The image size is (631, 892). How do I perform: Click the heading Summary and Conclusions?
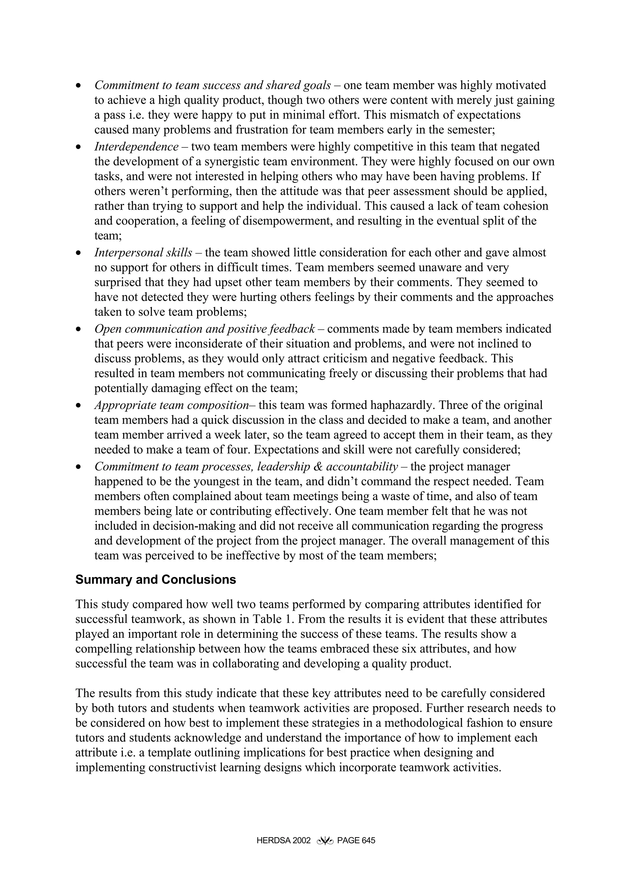click(x=156, y=580)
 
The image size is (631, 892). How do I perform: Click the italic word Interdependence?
click(x=136, y=147)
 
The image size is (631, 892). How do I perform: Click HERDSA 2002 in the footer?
click(x=283, y=841)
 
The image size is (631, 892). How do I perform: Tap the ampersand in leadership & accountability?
click(x=318, y=466)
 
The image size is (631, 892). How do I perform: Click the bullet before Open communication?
click(x=79, y=329)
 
